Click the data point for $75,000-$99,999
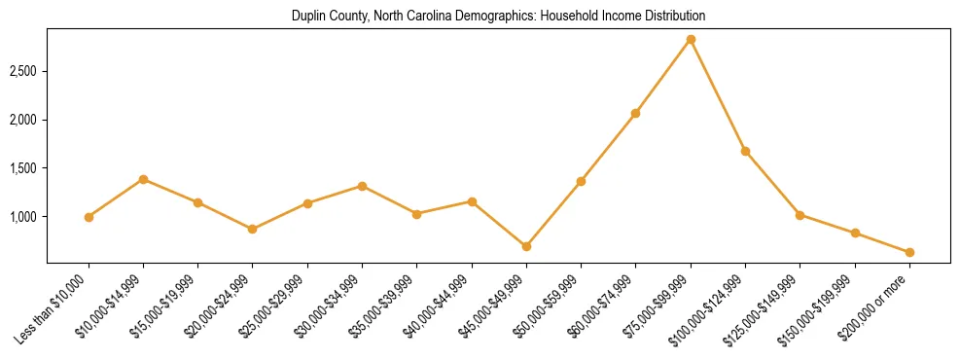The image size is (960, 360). (691, 39)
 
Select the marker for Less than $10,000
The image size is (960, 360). (89, 217)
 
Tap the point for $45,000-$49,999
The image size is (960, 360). (526, 246)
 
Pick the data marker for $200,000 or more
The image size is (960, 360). (909, 252)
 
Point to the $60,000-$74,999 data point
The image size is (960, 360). (635, 113)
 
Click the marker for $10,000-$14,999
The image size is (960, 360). (143, 179)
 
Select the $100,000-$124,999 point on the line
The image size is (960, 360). (745, 151)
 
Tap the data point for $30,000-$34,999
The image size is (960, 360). (362, 186)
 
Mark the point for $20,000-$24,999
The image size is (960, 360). (253, 229)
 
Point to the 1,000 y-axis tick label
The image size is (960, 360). (23, 217)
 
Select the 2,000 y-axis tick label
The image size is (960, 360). (23, 120)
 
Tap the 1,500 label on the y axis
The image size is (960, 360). (23, 168)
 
